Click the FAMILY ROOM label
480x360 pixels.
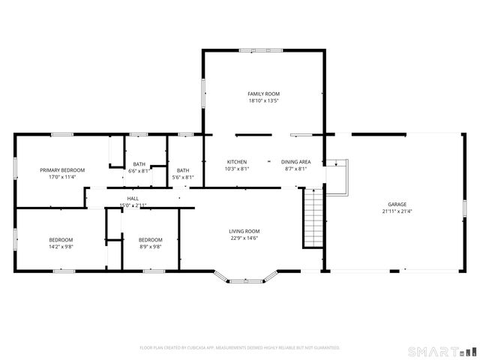pyautogui.click(x=263, y=94)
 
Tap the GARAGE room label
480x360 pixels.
pyautogui.click(x=397, y=204)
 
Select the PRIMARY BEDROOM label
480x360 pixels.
pyautogui.click(x=62, y=170)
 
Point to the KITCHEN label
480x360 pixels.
pyautogui.click(x=237, y=162)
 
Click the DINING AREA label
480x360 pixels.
pyautogui.click(x=296, y=162)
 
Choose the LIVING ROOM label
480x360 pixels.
pyautogui.click(x=244, y=231)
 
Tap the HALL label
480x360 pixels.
pyautogui.click(x=133, y=198)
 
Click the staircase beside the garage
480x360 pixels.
pyautogui.click(x=312, y=217)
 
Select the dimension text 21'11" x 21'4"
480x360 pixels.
pyautogui.click(x=397, y=211)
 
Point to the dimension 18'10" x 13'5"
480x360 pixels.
pyautogui.click(x=263, y=100)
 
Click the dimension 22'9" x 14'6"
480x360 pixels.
pyautogui.click(x=244, y=238)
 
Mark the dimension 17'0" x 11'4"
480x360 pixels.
pyautogui.click(x=62, y=178)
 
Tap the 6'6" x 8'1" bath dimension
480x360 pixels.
pyautogui.click(x=139, y=171)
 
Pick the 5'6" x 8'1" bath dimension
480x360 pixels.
pyautogui.click(x=183, y=178)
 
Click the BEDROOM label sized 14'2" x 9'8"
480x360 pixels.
pyautogui.click(x=61, y=239)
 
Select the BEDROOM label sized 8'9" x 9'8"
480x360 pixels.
pyautogui.click(x=150, y=239)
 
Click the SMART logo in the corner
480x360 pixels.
pyautogui.click(x=442, y=351)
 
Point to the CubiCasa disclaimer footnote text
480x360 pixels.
pyautogui.click(x=240, y=348)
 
